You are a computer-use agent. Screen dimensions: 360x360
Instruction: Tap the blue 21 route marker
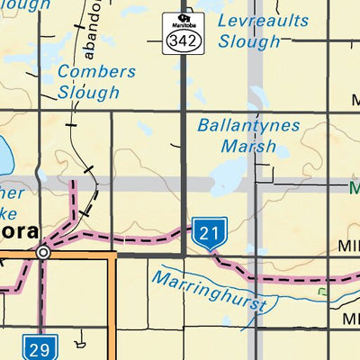coord(209,234)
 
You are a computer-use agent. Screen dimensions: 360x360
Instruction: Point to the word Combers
coord(96,72)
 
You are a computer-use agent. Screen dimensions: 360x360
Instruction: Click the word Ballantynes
coord(248,125)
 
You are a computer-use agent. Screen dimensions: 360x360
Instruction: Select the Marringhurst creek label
coord(210,290)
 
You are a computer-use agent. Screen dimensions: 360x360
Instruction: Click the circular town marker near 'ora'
coord(43,254)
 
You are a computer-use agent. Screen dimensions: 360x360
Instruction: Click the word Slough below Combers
coord(88,92)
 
